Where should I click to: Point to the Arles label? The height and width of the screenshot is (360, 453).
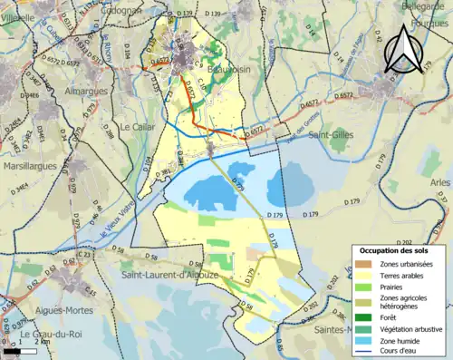click(x=440, y=182)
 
